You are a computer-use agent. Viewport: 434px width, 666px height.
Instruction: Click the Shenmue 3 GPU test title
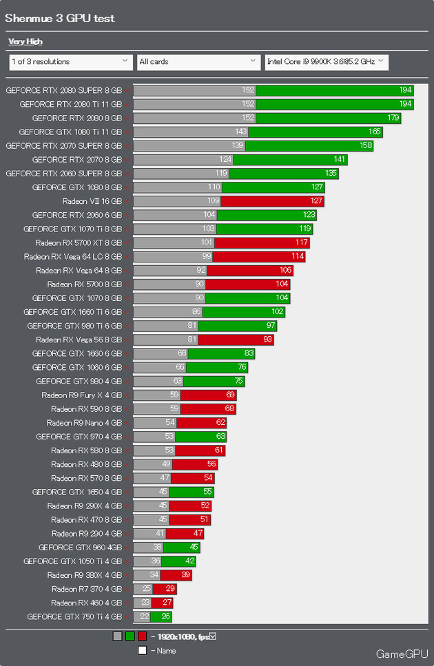pyautogui.click(x=60, y=18)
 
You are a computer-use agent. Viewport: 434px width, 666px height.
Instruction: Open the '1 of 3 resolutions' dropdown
pyautogui.click(x=70, y=62)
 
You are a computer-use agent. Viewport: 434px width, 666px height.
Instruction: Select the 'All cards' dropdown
pyautogui.click(x=198, y=62)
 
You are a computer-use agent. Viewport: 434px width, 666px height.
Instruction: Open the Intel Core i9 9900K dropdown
pyautogui.click(x=326, y=62)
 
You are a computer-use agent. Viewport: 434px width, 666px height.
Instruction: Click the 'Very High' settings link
pyautogui.click(x=25, y=41)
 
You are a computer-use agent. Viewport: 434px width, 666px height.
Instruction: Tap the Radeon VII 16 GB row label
pyautogui.click(x=92, y=201)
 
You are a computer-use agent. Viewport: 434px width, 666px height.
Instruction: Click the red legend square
pyautogui.click(x=143, y=636)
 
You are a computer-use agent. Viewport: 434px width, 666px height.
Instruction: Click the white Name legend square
pyautogui.click(x=142, y=650)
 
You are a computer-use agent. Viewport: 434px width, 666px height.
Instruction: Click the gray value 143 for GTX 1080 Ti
pyautogui.click(x=241, y=132)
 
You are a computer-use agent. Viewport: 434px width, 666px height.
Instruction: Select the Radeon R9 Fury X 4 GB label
pyautogui.click(x=81, y=395)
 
